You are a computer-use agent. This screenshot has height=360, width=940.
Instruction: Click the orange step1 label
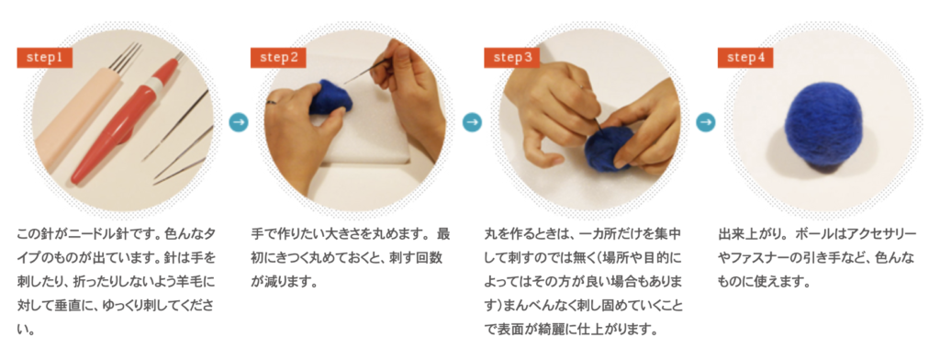coord(44,58)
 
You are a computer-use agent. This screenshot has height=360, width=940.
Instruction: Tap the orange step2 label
coord(278,58)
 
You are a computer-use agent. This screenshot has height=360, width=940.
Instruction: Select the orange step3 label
coord(512,58)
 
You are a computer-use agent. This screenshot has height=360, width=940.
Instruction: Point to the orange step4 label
coord(745,58)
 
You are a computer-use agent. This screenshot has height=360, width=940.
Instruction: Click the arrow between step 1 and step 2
coord(239,122)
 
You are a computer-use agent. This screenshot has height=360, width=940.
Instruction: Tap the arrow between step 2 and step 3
coord(473,122)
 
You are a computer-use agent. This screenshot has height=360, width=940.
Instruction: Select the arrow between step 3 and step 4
coord(706,122)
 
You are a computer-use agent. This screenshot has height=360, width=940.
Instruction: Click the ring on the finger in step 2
coord(272,102)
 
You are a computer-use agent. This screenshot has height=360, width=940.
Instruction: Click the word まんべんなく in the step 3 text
coord(532,306)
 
